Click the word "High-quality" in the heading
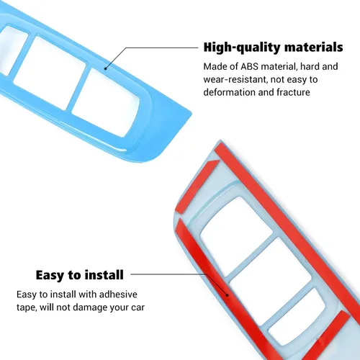point(242,48)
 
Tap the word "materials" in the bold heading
point(314,47)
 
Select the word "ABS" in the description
point(249,66)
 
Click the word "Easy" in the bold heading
point(50,275)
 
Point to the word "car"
point(138,307)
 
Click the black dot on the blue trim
point(106,68)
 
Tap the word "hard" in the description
point(310,66)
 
